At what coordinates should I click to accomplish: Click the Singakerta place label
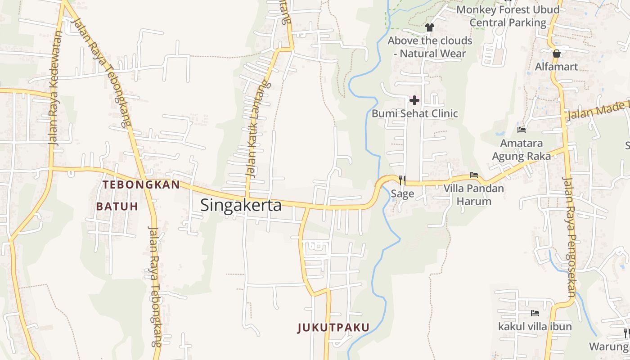pyautogui.click(x=241, y=205)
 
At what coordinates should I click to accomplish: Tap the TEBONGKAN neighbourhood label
pyautogui.click(x=141, y=184)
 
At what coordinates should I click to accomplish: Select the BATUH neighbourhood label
pyautogui.click(x=117, y=207)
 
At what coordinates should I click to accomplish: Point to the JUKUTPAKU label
pyautogui.click(x=333, y=328)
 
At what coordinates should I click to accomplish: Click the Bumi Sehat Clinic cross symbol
pyautogui.click(x=414, y=100)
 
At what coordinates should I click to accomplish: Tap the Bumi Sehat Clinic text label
pyautogui.click(x=414, y=113)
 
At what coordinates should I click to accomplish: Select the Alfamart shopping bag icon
pyautogui.click(x=557, y=54)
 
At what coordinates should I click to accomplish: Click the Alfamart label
pyautogui.click(x=557, y=67)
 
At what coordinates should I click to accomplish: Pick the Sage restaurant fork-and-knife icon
pyautogui.click(x=402, y=180)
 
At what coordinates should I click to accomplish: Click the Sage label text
pyautogui.click(x=402, y=194)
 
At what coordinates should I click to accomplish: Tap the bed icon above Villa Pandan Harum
pyautogui.click(x=474, y=175)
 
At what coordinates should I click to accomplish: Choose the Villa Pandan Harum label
pyautogui.click(x=474, y=194)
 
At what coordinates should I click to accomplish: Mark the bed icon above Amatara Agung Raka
pyautogui.click(x=522, y=130)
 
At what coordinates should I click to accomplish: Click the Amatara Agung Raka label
pyautogui.click(x=522, y=150)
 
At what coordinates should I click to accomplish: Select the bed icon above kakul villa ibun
pyautogui.click(x=535, y=313)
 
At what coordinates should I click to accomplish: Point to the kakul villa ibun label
pyautogui.click(x=535, y=326)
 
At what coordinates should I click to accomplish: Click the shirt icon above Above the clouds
pyautogui.click(x=429, y=27)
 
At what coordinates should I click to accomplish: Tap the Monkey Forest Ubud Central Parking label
pyautogui.click(x=508, y=16)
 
